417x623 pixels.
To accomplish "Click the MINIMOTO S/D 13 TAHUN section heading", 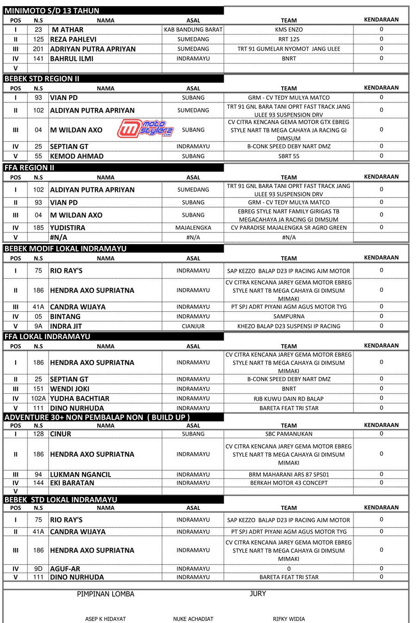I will point(52,11).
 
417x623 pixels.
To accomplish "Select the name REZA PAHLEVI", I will point(73,39).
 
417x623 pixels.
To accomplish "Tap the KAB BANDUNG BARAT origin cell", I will point(193,30).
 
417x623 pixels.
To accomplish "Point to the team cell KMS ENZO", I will point(289,30).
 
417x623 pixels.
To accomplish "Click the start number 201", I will point(38,49).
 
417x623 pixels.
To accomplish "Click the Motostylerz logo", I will point(145,128).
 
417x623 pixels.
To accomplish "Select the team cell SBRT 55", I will point(289,156).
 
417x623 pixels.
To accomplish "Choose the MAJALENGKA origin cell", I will point(193,228).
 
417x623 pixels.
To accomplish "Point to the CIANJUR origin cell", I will point(193,326).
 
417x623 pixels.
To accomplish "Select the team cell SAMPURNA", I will point(289,316).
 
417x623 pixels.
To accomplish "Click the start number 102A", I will point(38,398).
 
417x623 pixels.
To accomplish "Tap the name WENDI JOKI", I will point(69,389).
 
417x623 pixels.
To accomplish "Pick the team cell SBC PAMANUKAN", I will point(289,434).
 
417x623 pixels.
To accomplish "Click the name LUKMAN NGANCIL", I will point(81,474).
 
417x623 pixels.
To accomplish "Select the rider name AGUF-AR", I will point(65,569).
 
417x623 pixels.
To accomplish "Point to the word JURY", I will point(258,594).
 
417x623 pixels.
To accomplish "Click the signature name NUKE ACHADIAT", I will point(193,619).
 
